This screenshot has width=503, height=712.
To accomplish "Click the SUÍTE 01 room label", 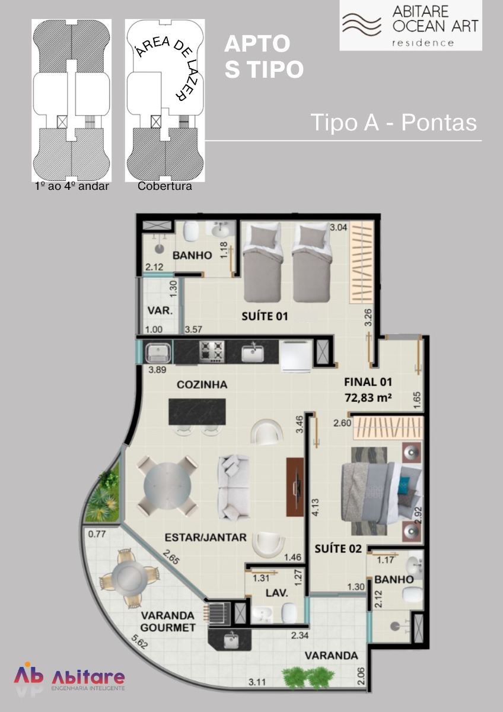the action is point(265,316).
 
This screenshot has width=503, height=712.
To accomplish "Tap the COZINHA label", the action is point(202,384).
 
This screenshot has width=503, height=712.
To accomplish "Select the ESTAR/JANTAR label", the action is point(206,537).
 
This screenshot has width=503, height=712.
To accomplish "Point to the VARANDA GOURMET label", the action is point(168,621).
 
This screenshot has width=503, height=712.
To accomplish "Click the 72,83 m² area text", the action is point(368,398).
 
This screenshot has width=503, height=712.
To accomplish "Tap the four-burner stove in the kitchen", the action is point(212,351).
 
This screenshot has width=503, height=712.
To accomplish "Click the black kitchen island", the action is point(197,412).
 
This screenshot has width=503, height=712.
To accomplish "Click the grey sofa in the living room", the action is point(233,487).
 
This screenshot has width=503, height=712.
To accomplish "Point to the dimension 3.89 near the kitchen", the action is point(157,370).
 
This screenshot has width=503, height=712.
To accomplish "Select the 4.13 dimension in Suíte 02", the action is point(316,507).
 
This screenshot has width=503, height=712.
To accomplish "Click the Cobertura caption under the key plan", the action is point(164,186).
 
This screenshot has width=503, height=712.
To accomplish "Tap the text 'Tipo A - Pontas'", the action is point(394,122).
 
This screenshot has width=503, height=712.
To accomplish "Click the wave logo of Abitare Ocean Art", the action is point(362,24).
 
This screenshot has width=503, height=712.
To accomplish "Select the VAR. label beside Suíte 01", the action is point(160,310).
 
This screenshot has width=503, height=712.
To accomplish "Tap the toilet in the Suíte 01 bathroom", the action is point(192,231).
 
